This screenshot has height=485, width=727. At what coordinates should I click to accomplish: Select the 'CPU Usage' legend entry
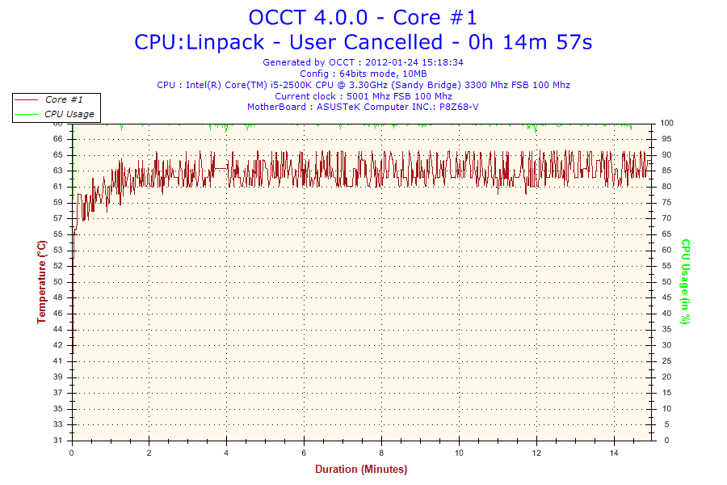click(69, 114)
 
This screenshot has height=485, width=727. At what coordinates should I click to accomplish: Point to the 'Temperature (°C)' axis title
click(41, 281)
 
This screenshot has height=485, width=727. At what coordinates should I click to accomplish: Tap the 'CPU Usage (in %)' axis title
click(685, 281)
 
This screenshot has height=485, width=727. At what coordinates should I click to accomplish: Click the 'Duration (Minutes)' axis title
click(361, 469)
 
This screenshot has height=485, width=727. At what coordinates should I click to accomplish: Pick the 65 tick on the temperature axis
click(58, 154)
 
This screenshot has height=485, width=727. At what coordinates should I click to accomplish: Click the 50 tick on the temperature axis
click(58, 281)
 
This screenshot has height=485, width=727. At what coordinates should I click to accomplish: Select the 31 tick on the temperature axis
click(58, 441)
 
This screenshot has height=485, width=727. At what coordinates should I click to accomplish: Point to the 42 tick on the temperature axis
click(58, 345)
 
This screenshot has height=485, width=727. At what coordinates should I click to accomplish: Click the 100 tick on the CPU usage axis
click(667, 123)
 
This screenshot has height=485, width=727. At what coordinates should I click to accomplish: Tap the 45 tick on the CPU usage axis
click(666, 297)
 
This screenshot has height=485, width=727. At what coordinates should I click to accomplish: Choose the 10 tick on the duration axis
click(460, 452)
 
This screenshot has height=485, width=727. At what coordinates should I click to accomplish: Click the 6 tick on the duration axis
click(305, 452)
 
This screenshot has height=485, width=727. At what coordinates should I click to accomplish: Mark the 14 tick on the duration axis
click(615, 452)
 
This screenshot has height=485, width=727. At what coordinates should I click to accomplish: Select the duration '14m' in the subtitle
click(526, 42)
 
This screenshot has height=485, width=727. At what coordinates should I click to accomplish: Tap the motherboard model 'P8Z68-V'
click(458, 107)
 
